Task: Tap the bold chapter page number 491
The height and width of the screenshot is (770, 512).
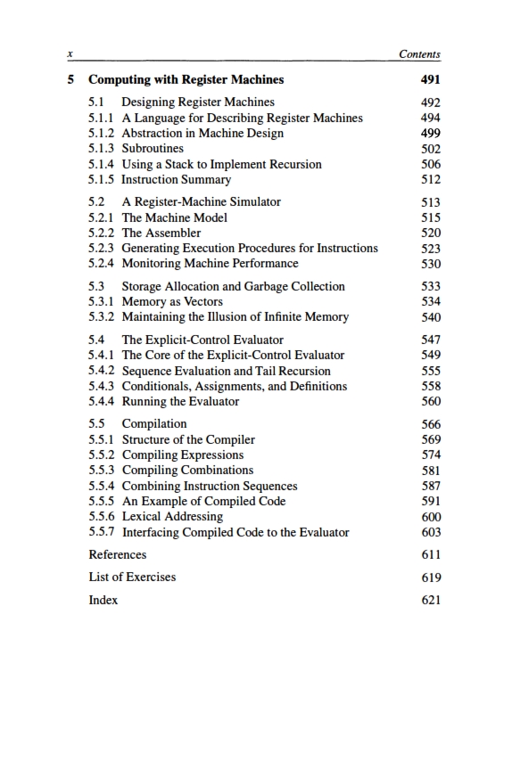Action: (x=430, y=79)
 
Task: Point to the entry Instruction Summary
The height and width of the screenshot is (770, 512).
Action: (x=176, y=180)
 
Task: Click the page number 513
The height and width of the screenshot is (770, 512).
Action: (x=430, y=202)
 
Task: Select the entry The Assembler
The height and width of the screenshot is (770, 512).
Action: (x=161, y=233)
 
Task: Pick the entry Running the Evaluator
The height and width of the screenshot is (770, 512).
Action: (x=180, y=401)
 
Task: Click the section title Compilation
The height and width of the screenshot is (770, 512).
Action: (x=154, y=424)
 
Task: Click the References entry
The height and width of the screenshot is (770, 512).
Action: (x=118, y=554)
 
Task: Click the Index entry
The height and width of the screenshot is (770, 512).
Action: (x=103, y=601)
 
